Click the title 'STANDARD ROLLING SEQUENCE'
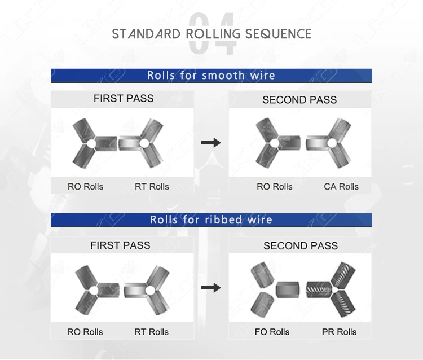211,34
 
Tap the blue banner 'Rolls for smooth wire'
211,76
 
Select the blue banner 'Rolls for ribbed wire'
211,220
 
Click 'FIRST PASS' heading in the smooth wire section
124,99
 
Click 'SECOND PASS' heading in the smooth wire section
299,100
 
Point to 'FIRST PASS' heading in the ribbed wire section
120,245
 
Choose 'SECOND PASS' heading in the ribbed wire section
301,246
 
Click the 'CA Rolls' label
341,186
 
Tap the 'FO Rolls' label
272,332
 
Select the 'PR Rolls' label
339,332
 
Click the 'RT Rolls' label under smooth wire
152,186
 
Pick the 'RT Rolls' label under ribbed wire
151,332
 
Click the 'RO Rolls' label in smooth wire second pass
274,186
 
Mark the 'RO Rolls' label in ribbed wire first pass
85,332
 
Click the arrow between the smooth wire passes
211,143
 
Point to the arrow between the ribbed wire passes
211,288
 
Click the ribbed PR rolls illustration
331,289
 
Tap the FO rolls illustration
275,290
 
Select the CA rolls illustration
329,143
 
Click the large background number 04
212,33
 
